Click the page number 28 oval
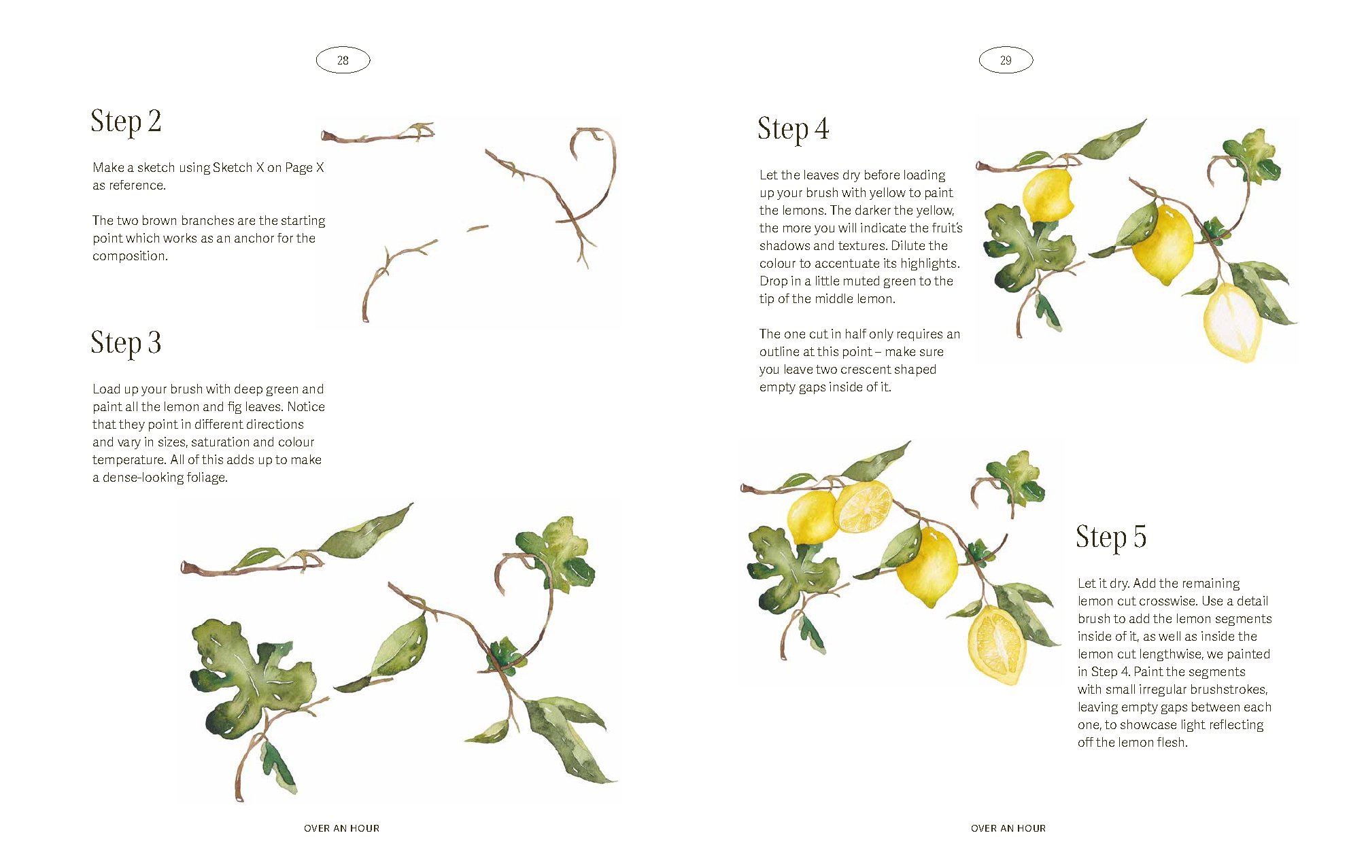[x=343, y=60]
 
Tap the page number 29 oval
[x=1006, y=60]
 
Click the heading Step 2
[x=126, y=122]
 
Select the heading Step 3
[x=126, y=343]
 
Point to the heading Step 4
[x=793, y=130]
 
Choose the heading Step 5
[x=1111, y=537]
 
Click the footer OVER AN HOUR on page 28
[x=342, y=828]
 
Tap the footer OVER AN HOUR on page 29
[x=1008, y=828]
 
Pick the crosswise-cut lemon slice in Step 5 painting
[x=863, y=507]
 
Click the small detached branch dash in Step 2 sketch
[x=477, y=228]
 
